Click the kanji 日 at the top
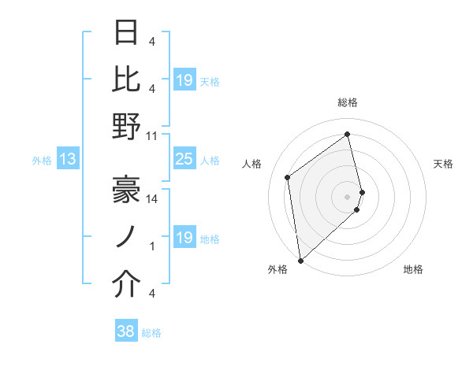pos(126,32)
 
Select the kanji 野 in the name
pos(126,127)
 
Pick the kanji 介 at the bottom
pos(126,284)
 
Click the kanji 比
pos(126,79)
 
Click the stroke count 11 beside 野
pos(152,135)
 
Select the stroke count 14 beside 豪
pos(152,199)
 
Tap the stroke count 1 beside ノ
pos(152,246)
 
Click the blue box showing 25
pos(184,160)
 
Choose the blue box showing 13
pos(68,160)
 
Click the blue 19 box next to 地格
pos(184,239)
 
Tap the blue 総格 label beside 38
pos(151,333)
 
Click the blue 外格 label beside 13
pos(42,161)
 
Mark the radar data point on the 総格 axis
pos(348,134)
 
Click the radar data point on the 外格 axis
pos(300,260)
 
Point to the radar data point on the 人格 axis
pos(288,177)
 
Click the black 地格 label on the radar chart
pos(413,270)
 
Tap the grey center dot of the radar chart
pos(348,196)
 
